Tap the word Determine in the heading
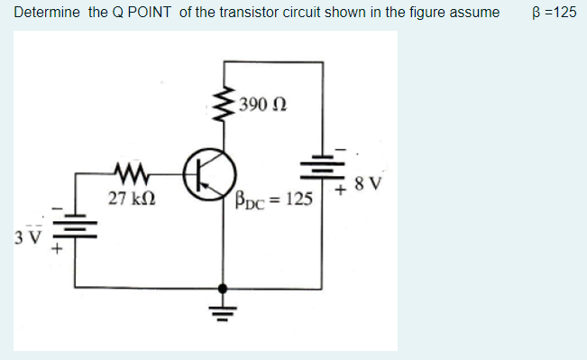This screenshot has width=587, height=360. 47,13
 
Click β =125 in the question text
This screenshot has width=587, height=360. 555,13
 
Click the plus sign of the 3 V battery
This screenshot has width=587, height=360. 55,251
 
